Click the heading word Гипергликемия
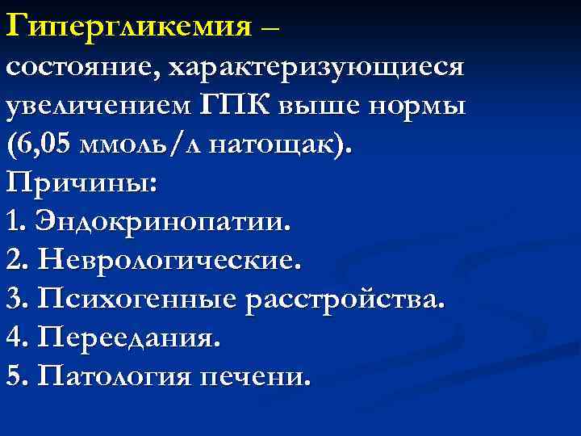[x=128, y=28]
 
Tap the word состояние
[x=80, y=69]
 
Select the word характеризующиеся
[x=316, y=69]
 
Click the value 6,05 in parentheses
[x=51, y=145]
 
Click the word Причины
[x=82, y=183]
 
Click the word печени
[x=259, y=377]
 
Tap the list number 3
[x=15, y=300]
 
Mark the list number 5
[x=15, y=377]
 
